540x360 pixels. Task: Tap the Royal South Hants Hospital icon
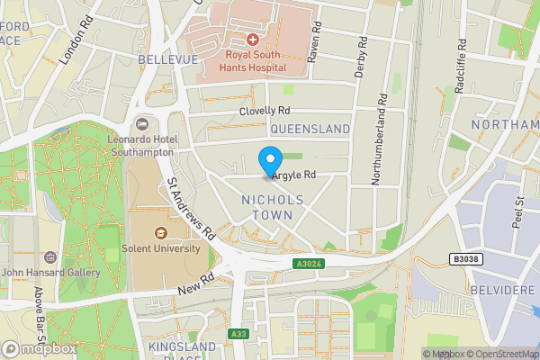252,40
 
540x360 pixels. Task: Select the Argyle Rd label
294,175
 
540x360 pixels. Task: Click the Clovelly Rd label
265,111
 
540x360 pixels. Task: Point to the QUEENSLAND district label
310,130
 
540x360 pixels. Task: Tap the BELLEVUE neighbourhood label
167,59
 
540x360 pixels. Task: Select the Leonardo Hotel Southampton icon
140,122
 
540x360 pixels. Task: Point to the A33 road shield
238,334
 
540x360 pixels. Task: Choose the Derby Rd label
361,57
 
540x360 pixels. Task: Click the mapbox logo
39,348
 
